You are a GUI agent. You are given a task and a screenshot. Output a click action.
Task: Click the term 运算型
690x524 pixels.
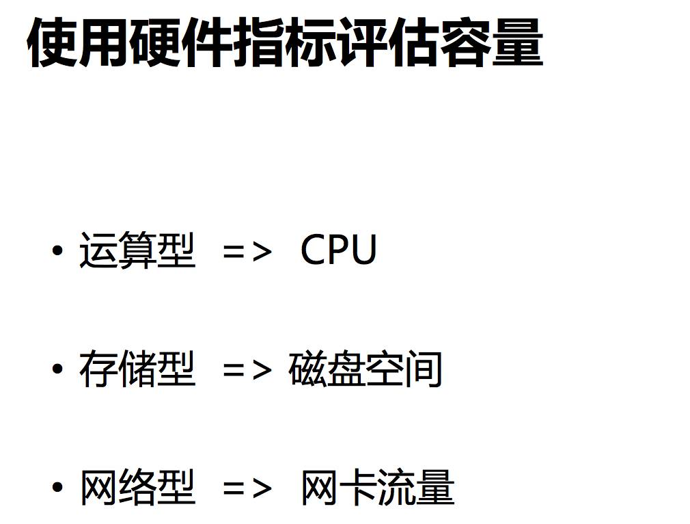(137, 250)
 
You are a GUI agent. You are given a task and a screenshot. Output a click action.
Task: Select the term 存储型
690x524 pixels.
(137, 369)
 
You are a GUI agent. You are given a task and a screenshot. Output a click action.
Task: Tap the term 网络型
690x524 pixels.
(137, 488)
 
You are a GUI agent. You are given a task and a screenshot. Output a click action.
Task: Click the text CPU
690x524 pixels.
(339, 250)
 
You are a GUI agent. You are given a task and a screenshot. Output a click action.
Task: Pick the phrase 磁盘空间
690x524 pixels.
(365, 369)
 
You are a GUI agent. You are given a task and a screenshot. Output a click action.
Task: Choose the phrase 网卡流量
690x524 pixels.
(378, 488)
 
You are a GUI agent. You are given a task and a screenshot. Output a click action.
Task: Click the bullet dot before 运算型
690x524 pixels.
(57, 251)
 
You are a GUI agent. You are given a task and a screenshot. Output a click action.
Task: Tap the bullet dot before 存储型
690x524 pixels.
(57, 370)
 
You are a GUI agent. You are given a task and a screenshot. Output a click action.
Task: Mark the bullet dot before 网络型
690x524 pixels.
(57, 489)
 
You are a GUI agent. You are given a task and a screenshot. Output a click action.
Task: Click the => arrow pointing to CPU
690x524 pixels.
(247, 252)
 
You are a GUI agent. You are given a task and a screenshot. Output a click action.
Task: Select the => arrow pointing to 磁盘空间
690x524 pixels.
(247, 371)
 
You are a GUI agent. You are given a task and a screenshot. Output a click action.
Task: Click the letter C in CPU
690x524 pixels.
(314, 250)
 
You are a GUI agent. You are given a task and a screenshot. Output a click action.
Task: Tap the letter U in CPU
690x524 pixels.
(363, 250)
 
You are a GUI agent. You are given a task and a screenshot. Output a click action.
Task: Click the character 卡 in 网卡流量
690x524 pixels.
(358, 488)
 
